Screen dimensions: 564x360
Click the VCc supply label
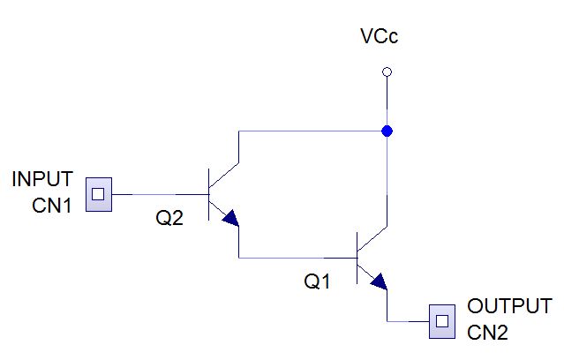pos(380,36)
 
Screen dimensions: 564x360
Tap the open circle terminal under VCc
pos(387,72)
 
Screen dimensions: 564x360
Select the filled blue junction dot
pos(387,131)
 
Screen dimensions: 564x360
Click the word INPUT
pos(42,179)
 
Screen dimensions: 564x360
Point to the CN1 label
pos(52,206)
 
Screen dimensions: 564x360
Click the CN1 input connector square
pos(99,194)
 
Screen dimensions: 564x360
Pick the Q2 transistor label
pos(169,218)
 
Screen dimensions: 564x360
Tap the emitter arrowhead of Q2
pos(231,218)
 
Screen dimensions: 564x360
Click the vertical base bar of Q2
pos(209,194)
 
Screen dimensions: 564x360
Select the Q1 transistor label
pos(317,281)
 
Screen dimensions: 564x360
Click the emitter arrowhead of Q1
pos(380,281)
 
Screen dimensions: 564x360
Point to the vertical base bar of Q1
pos(357,258)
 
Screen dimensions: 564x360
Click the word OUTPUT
pos(509,306)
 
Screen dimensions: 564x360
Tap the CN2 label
pos(487,332)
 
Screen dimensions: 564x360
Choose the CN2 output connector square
pos(442,321)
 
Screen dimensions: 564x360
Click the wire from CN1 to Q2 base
pos(161,195)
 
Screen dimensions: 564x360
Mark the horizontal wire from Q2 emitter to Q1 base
pos(297,258)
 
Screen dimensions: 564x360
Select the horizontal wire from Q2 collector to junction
pos(312,131)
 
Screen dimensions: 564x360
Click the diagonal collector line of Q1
pos(372,238)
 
